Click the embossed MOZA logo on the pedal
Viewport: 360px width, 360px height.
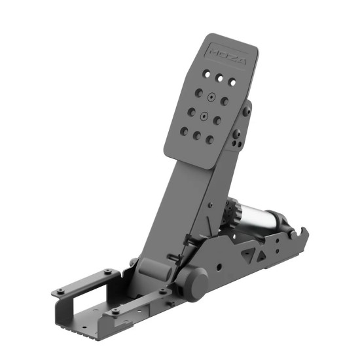pyautogui.click(x=227, y=55)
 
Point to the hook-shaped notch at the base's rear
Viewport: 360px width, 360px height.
pyautogui.click(x=301, y=232)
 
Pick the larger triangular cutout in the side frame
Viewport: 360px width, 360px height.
pyautogui.click(x=248, y=254)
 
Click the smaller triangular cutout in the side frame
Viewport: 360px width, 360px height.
pyautogui.click(x=261, y=256)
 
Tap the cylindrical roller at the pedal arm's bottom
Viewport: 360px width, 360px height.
pyautogui.click(x=155, y=269)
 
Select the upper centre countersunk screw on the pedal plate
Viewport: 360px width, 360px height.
pyautogui.click(x=211, y=98)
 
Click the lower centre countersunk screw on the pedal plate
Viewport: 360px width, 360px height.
pyautogui.click(x=204, y=117)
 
